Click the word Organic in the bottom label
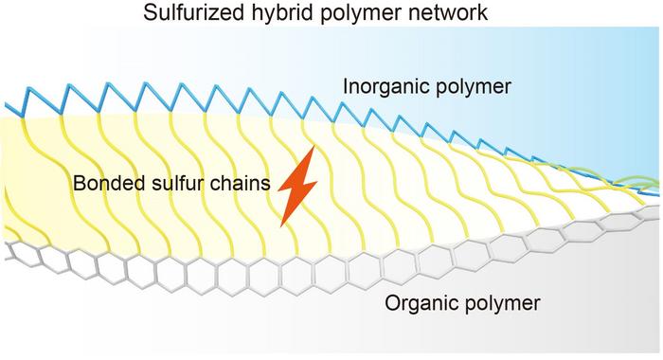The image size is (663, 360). point(421,304)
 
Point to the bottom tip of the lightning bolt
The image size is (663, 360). point(282,225)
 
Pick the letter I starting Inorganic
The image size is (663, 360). point(346,87)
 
